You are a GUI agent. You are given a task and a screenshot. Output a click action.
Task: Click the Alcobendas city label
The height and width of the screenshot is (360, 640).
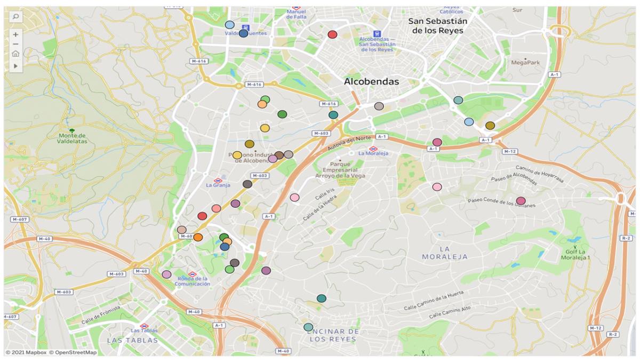coord(371,82)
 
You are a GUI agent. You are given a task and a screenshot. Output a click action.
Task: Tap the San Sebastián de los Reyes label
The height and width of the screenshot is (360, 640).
coord(437,26)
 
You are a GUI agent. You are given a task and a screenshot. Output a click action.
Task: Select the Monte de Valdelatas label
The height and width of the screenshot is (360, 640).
coord(72,139)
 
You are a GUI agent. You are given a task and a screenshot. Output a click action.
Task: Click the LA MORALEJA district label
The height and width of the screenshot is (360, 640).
coord(445,252)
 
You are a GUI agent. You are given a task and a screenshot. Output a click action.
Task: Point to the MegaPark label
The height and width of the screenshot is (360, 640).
coord(525,62)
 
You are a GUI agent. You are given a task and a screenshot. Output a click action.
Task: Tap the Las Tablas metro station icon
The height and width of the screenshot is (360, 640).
coord(143,326)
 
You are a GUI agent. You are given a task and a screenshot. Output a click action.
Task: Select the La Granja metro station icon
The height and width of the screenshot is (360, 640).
coord(217,180)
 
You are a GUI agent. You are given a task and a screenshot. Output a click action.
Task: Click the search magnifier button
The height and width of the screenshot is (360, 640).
coord(15,17)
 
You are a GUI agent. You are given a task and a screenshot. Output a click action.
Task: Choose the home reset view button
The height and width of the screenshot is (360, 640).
coord(15,53)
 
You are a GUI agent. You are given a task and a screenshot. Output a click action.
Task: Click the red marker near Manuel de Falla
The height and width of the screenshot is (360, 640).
coord(332,35)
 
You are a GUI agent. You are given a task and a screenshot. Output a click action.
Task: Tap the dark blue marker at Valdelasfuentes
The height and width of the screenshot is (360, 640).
coord(243,33)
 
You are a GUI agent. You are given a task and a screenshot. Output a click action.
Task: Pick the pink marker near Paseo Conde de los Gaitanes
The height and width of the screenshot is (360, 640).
coord(521,201)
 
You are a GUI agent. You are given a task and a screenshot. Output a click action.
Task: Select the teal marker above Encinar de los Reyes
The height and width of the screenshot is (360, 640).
coord(321,298)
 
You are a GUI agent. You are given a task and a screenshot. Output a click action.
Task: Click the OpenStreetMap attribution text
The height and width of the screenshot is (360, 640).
coord(73,353)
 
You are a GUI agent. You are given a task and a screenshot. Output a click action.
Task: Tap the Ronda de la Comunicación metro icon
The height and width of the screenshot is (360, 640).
coord(193,274)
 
